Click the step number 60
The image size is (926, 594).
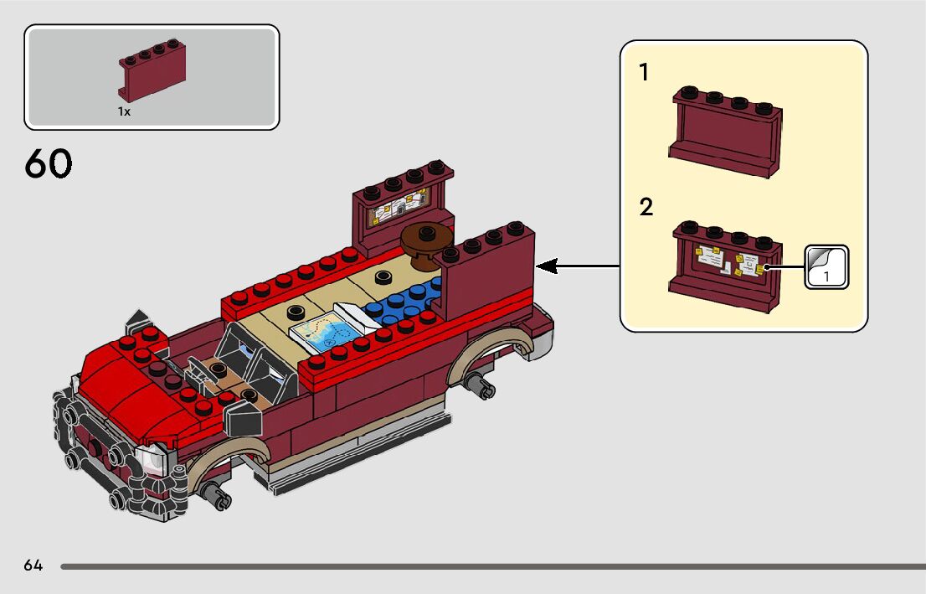(49, 163)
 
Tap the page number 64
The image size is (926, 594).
(33, 566)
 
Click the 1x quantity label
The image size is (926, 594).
(124, 111)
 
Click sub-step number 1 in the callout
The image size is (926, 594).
(644, 73)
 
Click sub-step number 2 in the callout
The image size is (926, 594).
(646, 207)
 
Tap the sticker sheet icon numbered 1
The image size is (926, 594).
(826, 267)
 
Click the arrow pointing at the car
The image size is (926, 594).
(578, 266)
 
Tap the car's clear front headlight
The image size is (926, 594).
(154, 459)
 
